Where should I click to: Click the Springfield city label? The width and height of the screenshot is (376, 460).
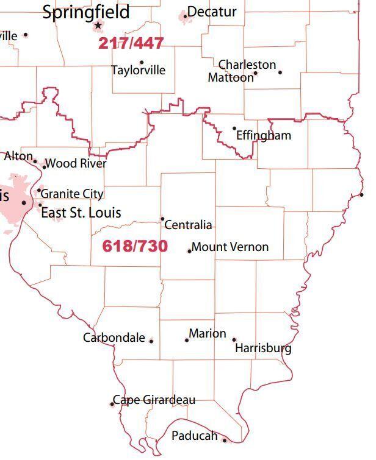point(85,12)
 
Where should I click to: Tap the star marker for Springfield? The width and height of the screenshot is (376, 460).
point(98,26)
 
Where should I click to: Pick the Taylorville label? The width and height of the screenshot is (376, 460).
point(138,70)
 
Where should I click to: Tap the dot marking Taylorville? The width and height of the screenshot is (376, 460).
point(142,62)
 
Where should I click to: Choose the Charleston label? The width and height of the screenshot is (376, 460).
point(247,65)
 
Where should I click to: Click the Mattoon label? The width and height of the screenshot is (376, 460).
point(230,77)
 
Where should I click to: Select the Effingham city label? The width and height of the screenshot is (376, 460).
point(264,135)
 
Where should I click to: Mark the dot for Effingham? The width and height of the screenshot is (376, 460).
point(234,129)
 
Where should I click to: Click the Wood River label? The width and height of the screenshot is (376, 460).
point(76,163)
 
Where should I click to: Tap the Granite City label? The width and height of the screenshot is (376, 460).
point(72,194)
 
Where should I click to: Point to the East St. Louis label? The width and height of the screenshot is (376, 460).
point(81,213)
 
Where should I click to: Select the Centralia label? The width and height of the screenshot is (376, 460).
point(189,225)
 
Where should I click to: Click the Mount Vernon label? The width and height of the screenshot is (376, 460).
point(230,247)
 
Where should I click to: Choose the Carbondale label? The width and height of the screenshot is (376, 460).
point(114,338)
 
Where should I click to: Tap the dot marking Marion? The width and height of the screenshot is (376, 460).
point(187,339)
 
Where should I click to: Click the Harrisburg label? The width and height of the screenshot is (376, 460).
point(263,349)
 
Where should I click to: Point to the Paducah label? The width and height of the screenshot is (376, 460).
point(194,436)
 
